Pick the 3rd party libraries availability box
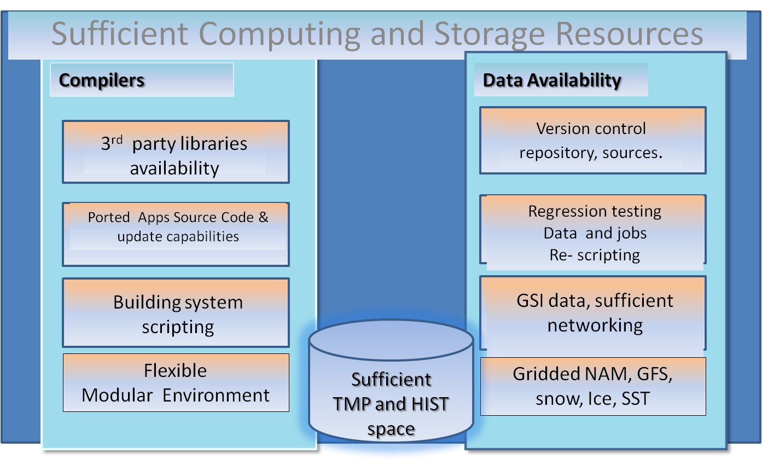176,152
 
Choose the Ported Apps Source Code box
176,234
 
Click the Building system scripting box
176,312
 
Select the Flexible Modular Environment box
176,383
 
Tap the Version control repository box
593,141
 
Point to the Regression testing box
593,232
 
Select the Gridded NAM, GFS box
593,386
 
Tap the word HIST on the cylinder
430,404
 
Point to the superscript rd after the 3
117,140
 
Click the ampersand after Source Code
263,217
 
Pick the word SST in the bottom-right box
636,399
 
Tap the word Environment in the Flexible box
216,396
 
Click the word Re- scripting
595,255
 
